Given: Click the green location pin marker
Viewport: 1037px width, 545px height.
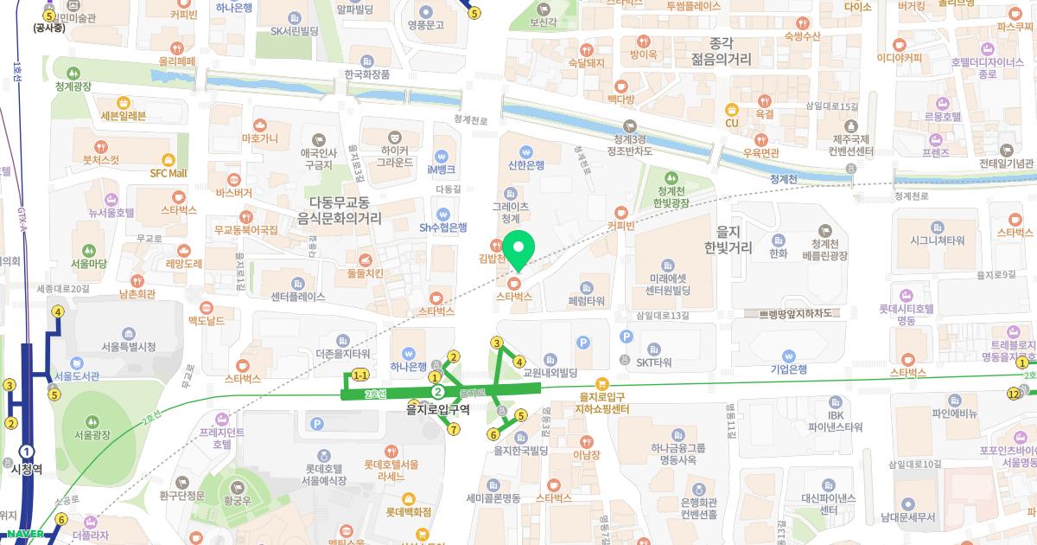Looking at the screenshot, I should (518, 250).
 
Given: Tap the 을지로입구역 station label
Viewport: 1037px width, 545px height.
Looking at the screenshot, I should (438, 408).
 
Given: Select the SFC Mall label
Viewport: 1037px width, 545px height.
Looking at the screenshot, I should (169, 172).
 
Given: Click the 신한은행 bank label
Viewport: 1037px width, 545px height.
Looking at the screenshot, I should (526, 165).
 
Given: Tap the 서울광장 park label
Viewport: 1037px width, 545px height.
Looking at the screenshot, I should (95, 434).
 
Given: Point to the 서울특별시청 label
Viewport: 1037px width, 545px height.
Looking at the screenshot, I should (128, 347).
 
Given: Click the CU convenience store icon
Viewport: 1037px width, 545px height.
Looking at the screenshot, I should (732, 123).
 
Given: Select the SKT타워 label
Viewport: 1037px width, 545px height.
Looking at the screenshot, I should (653, 362).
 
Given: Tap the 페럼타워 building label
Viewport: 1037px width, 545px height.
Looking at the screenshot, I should (587, 302).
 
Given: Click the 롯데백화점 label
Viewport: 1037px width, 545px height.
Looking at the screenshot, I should (408, 512).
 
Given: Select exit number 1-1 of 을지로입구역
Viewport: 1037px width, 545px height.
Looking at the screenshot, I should (359, 375).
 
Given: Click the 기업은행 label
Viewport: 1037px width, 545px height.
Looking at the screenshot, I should (788, 369).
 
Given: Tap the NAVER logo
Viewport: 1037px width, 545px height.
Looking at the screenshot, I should (25, 534).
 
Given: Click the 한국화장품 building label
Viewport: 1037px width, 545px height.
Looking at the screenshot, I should (367, 74).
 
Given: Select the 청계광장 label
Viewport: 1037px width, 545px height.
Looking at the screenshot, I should (73, 87).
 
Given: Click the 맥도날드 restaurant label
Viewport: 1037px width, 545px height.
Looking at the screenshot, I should (206, 321).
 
